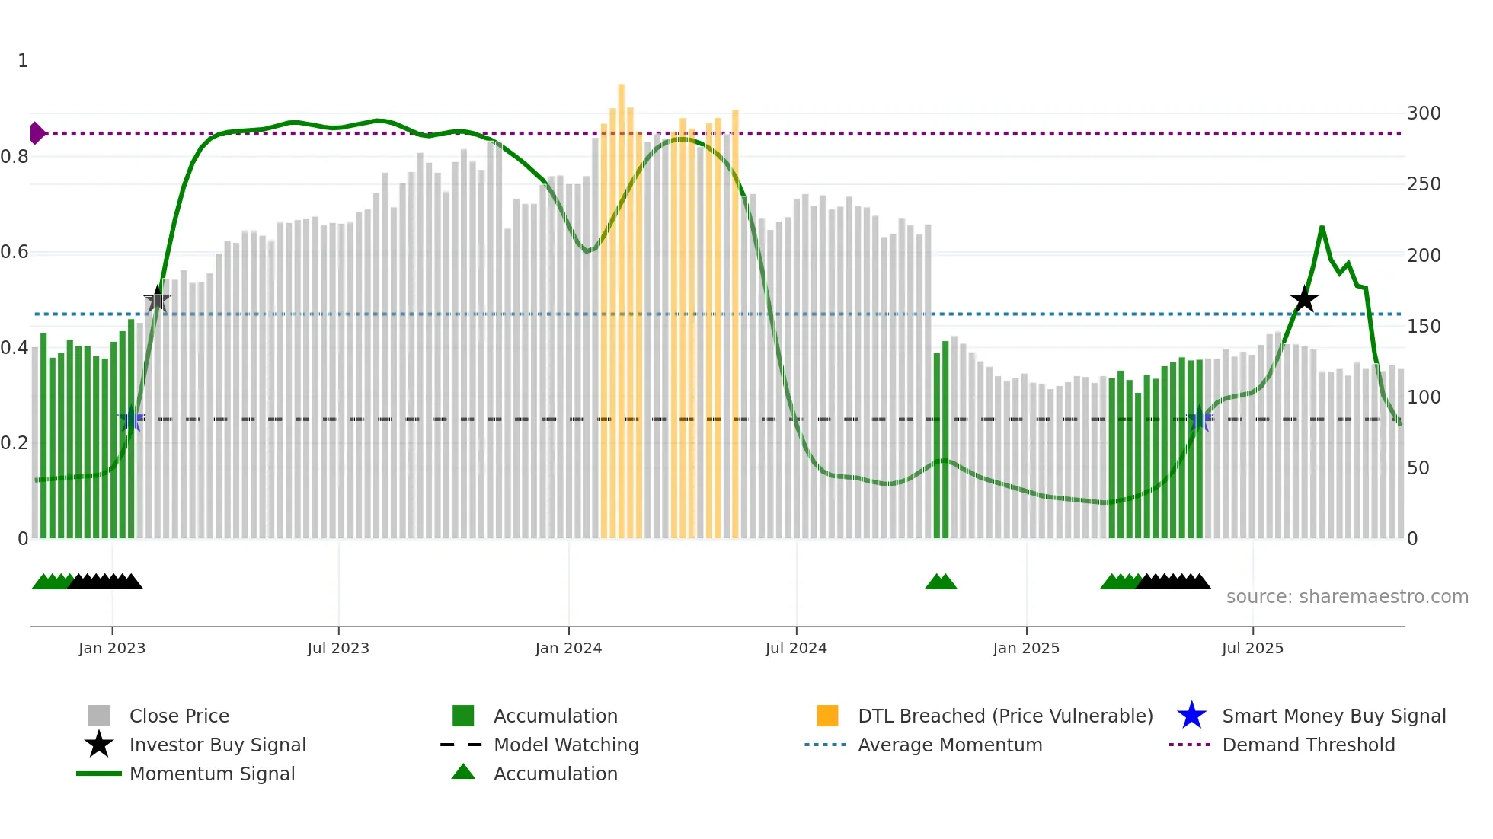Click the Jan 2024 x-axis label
click(x=568, y=648)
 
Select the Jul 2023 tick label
click(x=338, y=648)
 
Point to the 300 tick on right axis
click(x=1424, y=113)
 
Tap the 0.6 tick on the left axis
click(x=14, y=252)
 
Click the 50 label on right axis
click(x=1418, y=468)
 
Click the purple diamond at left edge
click(x=37, y=133)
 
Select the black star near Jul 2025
click(x=1304, y=299)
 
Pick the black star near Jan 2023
click(x=157, y=300)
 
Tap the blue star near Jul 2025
click(x=1200, y=419)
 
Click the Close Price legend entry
click(x=179, y=716)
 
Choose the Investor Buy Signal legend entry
click(x=217, y=745)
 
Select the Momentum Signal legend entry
click(x=212, y=774)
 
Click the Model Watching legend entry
click(x=566, y=745)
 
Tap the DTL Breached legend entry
click(x=1005, y=716)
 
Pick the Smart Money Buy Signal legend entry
click(x=1333, y=716)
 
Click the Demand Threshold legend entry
click(x=1308, y=745)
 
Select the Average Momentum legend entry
click(x=949, y=745)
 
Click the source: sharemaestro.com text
click(x=1347, y=597)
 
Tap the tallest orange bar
click(x=622, y=305)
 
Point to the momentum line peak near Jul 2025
click(x=1322, y=228)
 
